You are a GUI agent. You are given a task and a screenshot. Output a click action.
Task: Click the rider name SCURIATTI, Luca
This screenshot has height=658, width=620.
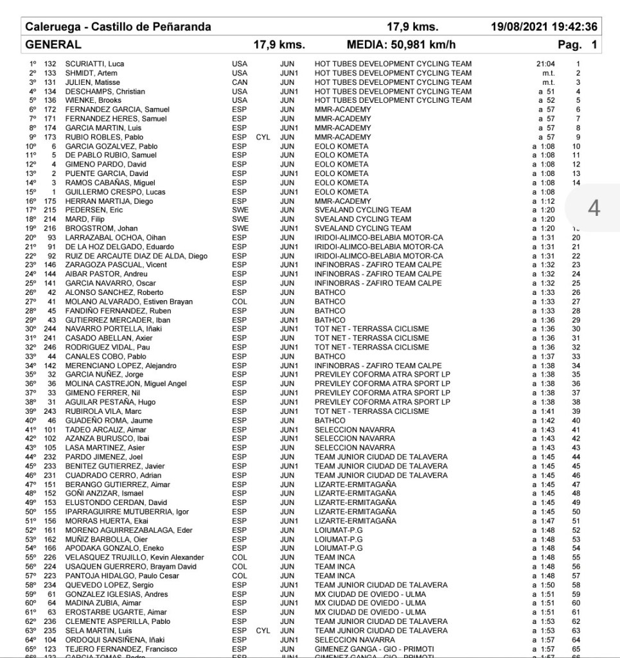point(94,64)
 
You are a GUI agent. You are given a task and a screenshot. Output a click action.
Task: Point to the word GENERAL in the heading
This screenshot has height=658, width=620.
point(53,45)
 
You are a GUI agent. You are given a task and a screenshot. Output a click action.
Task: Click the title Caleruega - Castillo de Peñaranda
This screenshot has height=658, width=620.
point(118,27)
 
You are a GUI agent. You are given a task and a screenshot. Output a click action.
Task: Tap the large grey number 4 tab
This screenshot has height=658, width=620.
point(594,209)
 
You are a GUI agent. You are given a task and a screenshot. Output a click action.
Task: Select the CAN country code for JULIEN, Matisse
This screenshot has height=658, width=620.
point(239,82)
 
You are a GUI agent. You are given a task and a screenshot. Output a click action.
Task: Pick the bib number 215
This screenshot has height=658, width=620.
point(50,210)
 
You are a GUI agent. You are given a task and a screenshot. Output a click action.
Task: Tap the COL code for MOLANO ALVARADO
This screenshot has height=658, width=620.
point(239,302)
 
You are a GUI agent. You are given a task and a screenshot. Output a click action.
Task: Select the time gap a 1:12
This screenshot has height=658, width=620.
point(544,201)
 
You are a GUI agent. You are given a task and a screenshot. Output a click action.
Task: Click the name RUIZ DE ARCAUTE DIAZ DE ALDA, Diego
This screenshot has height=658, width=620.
point(136,256)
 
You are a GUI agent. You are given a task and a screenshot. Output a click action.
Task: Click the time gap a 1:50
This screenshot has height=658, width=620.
point(544,585)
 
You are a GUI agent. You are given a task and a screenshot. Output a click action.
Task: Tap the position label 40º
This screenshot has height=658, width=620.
point(30,420)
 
